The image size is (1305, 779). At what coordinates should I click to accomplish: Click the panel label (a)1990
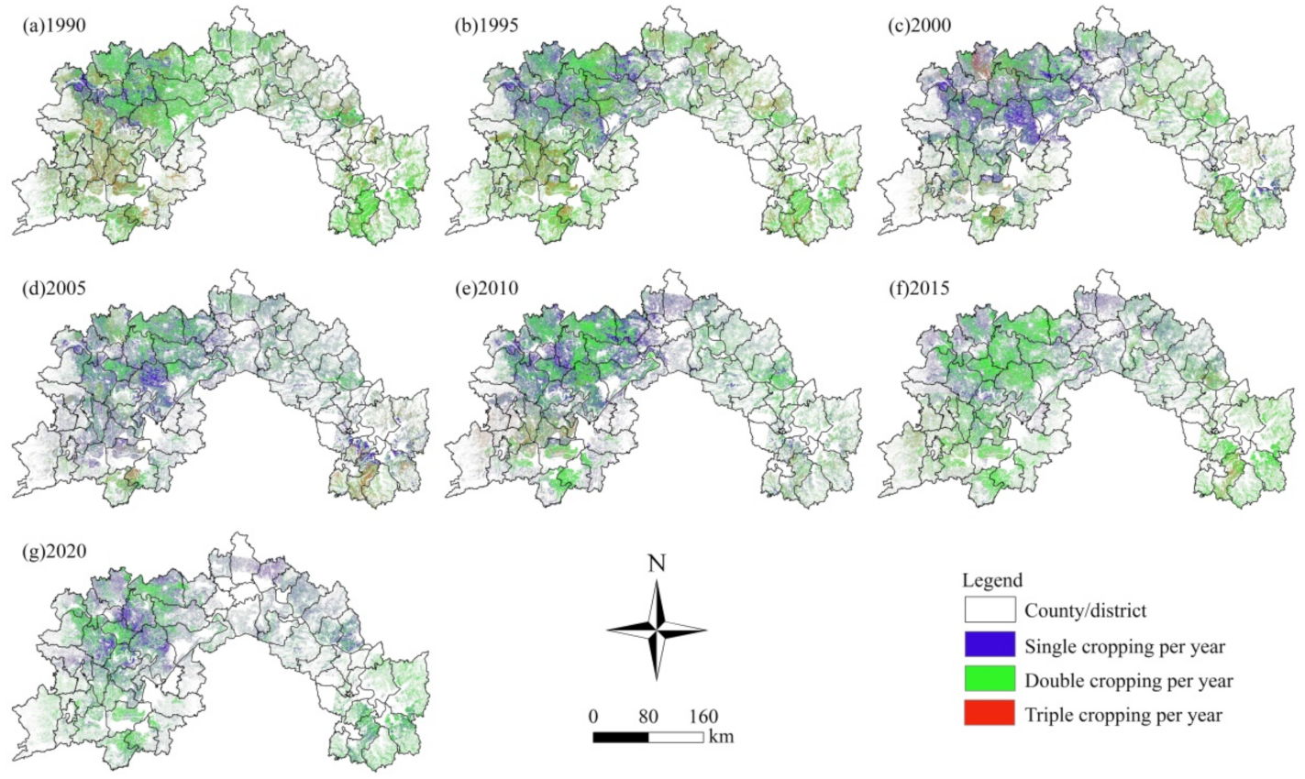(54, 26)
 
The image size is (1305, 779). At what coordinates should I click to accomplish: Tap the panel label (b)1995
(487, 26)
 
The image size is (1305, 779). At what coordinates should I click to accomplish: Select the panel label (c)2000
(920, 26)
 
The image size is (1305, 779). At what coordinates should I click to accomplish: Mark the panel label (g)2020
(54, 553)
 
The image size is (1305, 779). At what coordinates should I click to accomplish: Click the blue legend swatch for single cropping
(990, 644)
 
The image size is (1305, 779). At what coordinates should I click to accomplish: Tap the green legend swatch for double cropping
(990, 679)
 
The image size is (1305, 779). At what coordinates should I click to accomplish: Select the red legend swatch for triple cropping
(990, 713)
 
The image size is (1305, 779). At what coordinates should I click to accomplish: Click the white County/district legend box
(990, 609)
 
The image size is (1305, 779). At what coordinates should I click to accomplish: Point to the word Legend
(992, 581)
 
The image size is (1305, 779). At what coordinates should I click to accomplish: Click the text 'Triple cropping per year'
(1123, 714)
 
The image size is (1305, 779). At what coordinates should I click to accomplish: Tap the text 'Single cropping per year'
(1124, 646)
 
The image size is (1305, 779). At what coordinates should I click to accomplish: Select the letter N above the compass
(657, 563)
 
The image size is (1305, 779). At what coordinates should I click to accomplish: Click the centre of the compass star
(657, 630)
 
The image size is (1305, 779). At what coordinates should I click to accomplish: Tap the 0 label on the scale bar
(593, 716)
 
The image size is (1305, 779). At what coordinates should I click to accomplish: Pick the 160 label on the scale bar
(703, 716)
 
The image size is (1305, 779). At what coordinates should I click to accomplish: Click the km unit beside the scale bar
(721, 736)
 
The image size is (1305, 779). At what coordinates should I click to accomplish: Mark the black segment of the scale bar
(621, 736)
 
